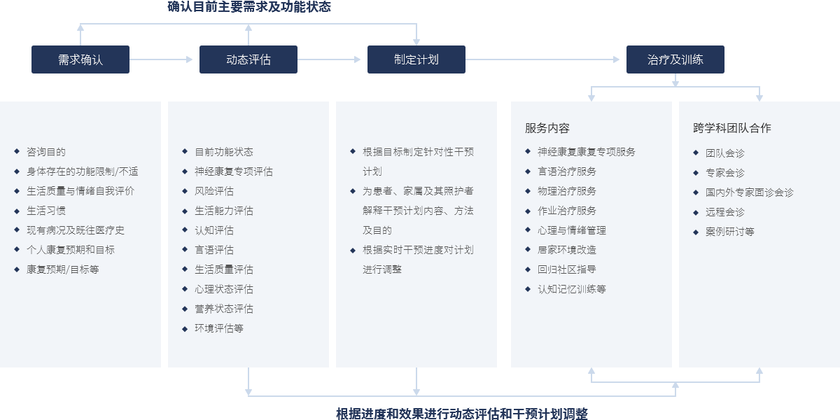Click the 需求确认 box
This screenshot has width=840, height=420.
coord(80,59)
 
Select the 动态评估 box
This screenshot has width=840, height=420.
coord(248,59)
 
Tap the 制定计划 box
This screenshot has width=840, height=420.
coord(416,59)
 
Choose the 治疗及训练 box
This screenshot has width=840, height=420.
coord(675,59)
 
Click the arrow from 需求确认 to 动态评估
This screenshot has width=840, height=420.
coord(161,59)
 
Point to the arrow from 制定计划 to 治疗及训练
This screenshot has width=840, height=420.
coord(542,59)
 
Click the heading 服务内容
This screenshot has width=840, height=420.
coord(547,128)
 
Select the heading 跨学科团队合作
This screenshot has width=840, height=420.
coord(732,128)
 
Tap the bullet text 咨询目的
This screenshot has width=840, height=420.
coord(46,152)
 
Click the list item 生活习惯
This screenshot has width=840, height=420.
coord(46,211)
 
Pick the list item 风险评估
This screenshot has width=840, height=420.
coord(214,191)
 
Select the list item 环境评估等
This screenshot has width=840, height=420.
coord(219,328)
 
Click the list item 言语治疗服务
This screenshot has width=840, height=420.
coord(567,171)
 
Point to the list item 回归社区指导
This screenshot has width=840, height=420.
coord(567,269)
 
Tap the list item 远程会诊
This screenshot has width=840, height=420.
coord(725,212)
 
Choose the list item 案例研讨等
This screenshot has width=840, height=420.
coord(730,232)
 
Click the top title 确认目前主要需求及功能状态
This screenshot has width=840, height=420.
coord(249,7)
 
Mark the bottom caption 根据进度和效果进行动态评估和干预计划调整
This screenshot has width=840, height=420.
coord(461,414)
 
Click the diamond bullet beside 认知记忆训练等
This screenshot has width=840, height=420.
coord(528,289)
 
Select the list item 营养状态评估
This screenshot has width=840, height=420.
coord(224,309)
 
